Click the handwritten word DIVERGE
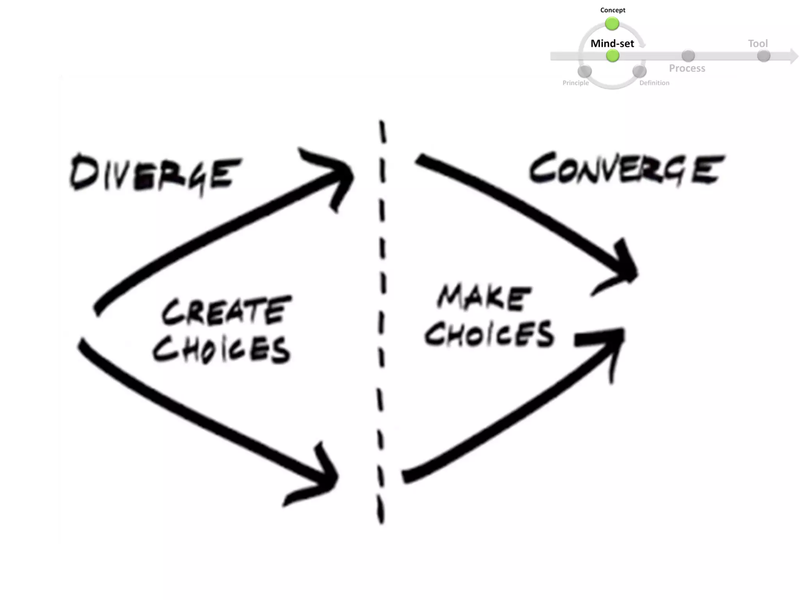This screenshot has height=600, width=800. (155, 174)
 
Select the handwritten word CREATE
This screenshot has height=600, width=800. (227, 311)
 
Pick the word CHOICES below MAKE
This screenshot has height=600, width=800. (489, 334)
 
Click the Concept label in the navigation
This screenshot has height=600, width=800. (612, 10)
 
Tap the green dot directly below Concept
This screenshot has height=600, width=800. (612, 24)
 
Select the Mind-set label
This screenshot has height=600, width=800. (612, 43)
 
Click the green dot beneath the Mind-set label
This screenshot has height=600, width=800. (612, 56)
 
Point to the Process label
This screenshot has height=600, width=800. (687, 68)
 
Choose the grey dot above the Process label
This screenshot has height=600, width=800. (688, 56)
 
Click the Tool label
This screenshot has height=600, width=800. (758, 43)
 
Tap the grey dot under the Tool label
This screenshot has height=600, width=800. (764, 56)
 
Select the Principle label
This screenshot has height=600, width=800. (575, 83)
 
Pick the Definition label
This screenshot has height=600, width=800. (654, 83)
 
